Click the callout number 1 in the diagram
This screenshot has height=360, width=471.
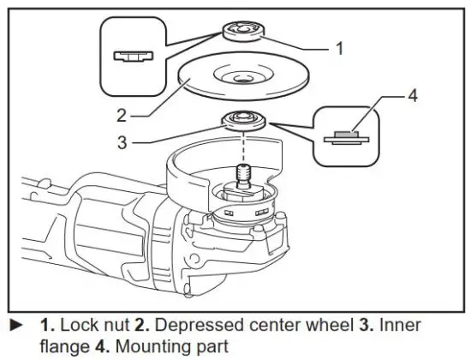338,49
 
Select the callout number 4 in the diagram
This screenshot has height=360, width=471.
412,95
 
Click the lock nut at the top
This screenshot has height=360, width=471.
243,33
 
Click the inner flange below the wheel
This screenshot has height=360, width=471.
243,120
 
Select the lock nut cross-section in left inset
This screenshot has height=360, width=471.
129,57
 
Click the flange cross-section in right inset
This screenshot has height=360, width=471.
345,136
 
